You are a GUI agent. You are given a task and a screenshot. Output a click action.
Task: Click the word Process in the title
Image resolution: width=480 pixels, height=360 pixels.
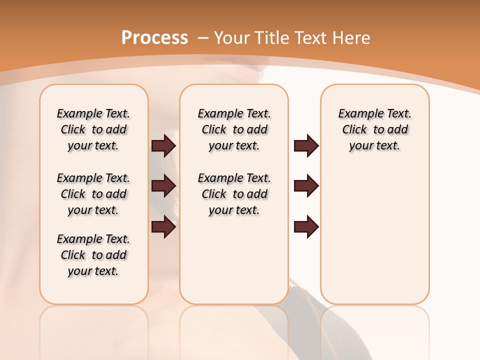[154, 37]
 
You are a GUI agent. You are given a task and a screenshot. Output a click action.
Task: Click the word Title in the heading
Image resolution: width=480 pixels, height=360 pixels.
[270, 38]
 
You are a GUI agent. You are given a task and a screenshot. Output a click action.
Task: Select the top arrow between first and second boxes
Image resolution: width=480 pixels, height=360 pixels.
[163, 145]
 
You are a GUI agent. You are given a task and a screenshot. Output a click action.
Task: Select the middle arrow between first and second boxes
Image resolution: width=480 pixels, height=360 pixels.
[163, 186]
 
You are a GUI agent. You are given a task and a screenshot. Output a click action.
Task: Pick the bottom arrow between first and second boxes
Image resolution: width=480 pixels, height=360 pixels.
[163, 227]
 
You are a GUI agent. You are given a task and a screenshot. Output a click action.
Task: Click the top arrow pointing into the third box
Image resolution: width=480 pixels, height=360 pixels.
[306, 145]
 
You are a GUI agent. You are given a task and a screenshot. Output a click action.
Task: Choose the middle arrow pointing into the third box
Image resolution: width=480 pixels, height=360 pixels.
[306, 186]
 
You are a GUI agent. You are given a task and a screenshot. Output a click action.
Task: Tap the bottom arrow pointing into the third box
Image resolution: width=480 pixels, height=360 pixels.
[306, 227]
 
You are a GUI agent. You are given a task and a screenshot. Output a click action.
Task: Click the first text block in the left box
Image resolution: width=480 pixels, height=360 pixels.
[93, 129]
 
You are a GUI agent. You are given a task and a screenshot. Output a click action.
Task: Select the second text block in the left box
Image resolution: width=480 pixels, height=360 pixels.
[93, 194]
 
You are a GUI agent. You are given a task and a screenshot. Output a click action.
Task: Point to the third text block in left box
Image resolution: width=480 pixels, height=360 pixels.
[93, 255]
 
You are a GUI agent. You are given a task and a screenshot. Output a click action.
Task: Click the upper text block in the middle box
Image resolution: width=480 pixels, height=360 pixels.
[234, 129]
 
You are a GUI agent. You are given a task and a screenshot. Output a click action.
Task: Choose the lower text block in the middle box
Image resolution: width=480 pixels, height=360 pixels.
[234, 194]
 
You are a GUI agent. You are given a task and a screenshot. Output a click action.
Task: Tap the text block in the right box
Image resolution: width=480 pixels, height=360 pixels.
[375, 129]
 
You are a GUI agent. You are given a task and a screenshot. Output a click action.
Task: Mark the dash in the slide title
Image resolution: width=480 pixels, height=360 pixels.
[203, 38]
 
